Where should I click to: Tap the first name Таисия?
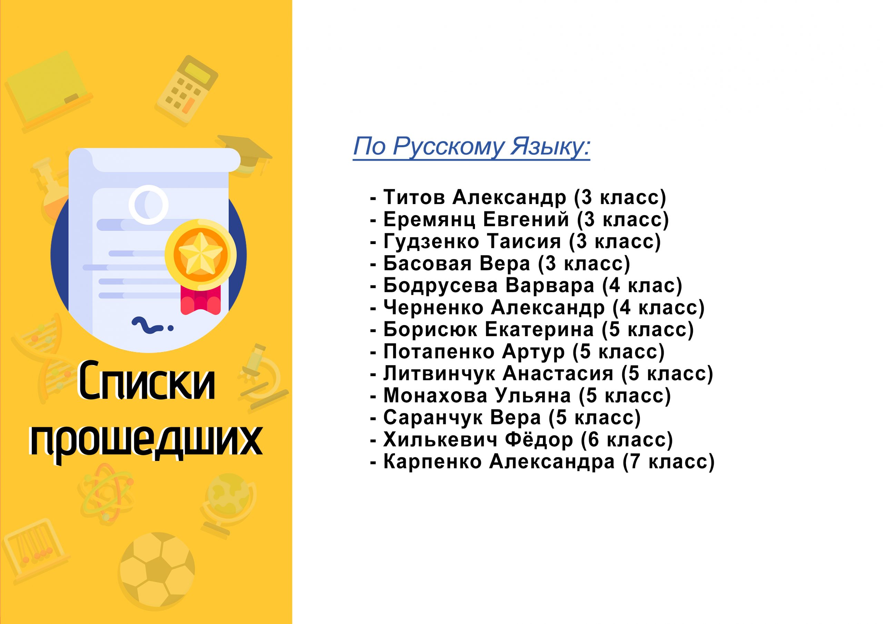coord(524,241)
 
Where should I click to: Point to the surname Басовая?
coord(427,264)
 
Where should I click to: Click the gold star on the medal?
coord(201,254)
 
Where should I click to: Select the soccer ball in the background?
coord(157,570)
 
